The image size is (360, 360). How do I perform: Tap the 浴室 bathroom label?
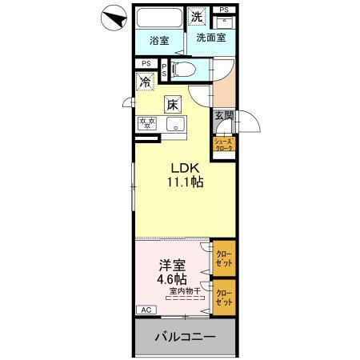[159, 41]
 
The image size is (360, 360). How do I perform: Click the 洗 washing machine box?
[197, 15]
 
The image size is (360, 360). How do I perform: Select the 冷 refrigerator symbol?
[146, 81]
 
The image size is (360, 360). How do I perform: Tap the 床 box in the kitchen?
[173, 103]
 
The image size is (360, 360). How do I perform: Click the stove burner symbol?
[146, 124]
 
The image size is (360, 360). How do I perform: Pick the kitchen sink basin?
[174, 124]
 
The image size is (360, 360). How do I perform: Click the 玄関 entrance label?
[223, 116]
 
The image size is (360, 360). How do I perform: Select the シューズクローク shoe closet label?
[223, 145]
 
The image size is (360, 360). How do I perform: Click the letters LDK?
[185, 167]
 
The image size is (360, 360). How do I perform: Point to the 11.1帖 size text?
[185, 182]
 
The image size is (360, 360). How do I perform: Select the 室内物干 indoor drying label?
[183, 292]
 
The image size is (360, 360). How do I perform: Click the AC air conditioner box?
[146, 310]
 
